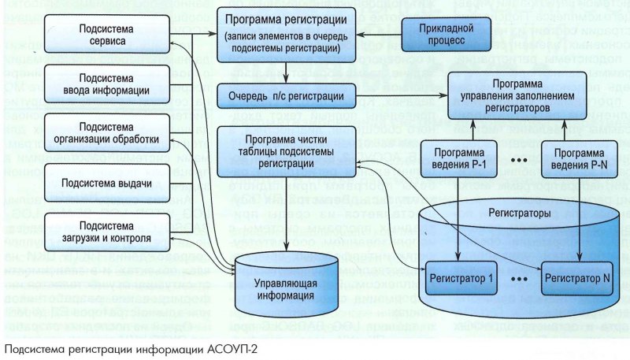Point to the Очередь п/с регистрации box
(281, 97)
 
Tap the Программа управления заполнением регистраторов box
(516, 95)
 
